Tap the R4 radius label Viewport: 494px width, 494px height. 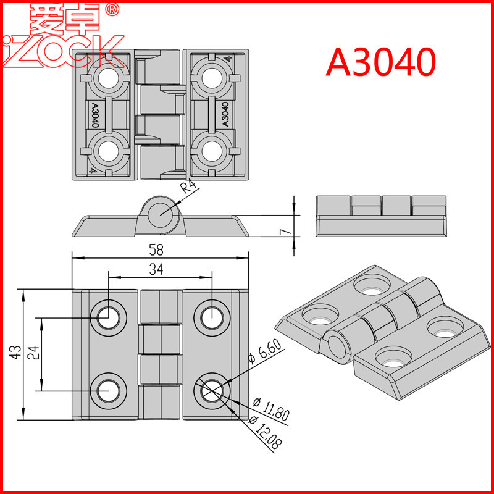point(188,188)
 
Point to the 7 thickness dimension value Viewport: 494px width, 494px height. point(284,232)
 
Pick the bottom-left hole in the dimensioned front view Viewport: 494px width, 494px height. point(109,391)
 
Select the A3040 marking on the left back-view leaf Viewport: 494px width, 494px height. point(94,115)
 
